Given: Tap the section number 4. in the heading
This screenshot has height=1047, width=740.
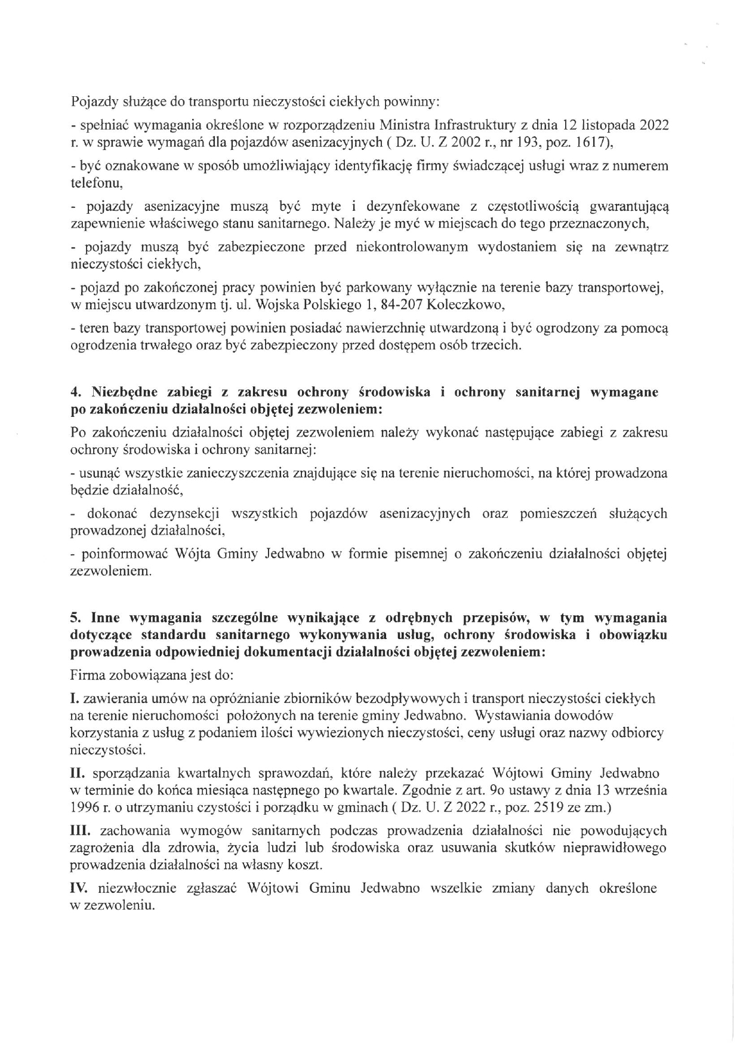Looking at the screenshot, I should pos(76,392).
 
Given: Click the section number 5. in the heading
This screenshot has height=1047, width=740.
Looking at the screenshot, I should pos(76,617).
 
